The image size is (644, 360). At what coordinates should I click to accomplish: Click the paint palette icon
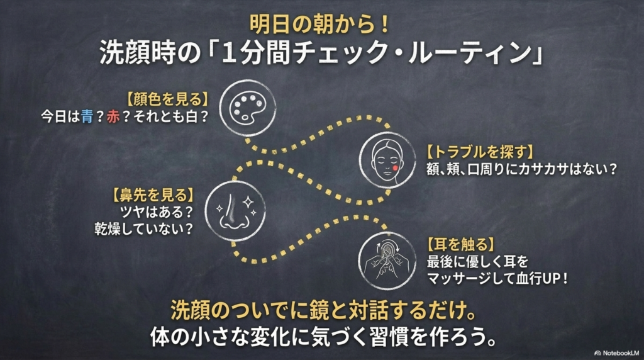248,108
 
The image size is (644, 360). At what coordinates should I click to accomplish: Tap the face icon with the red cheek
387,160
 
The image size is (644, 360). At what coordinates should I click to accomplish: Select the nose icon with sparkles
235,211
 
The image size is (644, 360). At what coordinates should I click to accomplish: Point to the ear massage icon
387,261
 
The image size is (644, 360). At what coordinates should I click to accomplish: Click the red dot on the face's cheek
395,167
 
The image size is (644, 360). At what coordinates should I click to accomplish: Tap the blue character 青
87,116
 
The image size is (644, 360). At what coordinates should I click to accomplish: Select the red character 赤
113,116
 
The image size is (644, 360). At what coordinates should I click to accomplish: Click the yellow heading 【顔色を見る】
166,99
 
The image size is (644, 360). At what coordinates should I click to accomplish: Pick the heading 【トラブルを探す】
479,152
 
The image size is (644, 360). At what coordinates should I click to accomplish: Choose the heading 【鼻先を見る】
152,195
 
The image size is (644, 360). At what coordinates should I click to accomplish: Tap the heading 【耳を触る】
460,245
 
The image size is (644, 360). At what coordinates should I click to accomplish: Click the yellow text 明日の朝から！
319,25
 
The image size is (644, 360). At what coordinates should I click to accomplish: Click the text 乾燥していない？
144,229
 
